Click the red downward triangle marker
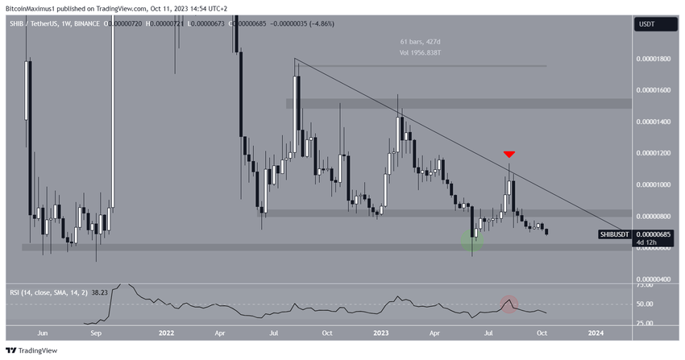click(509, 154)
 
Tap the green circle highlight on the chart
click(472, 240)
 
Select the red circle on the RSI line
click(509, 304)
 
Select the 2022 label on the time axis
click(166, 332)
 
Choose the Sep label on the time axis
click(96, 332)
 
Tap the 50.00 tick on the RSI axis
click(645, 304)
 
